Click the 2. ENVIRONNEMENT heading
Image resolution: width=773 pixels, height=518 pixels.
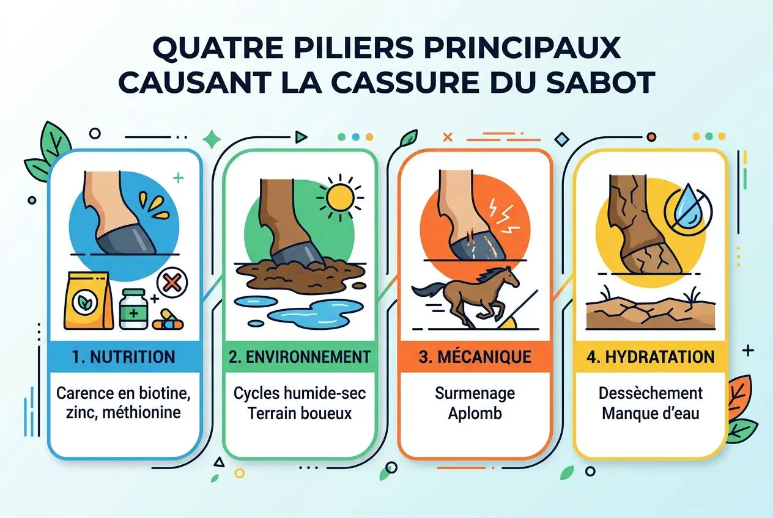[x=300, y=357]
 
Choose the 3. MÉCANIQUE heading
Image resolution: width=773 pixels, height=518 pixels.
[x=474, y=357]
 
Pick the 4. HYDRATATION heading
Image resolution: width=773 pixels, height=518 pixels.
[x=651, y=357]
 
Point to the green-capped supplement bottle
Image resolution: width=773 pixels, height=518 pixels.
[x=133, y=308]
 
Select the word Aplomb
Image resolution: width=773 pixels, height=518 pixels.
[x=474, y=412]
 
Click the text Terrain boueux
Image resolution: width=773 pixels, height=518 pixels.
[x=300, y=412]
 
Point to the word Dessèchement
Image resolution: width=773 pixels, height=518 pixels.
[x=651, y=393]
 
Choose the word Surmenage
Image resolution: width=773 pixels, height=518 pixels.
[x=474, y=393]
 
